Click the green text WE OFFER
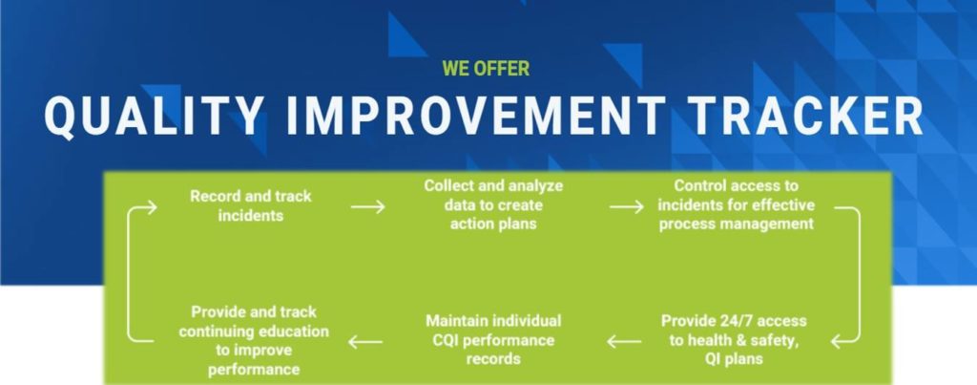pyautogui.click(x=486, y=68)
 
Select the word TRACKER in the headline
pyautogui.click(x=806, y=117)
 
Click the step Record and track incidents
pyautogui.click(x=251, y=206)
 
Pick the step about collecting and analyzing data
pyautogui.click(x=493, y=204)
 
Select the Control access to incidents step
pyautogui.click(x=737, y=204)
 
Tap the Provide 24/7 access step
pyautogui.click(x=734, y=339)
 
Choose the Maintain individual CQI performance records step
pyautogui.click(x=493, y=339)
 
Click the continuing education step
pyautogui.click(x=254, y=341)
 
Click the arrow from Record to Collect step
pyautogui.click(x=367, y=206)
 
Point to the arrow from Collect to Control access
pyautogui.click(x=626, y=206)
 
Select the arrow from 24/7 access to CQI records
pyautogui.click(x=624, y=341)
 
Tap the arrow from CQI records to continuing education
pyautogui.click(x=365, y=341)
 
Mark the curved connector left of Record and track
pyautogui.click(x=128, y=274)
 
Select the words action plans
pyautogui.click(x=493, y=224)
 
